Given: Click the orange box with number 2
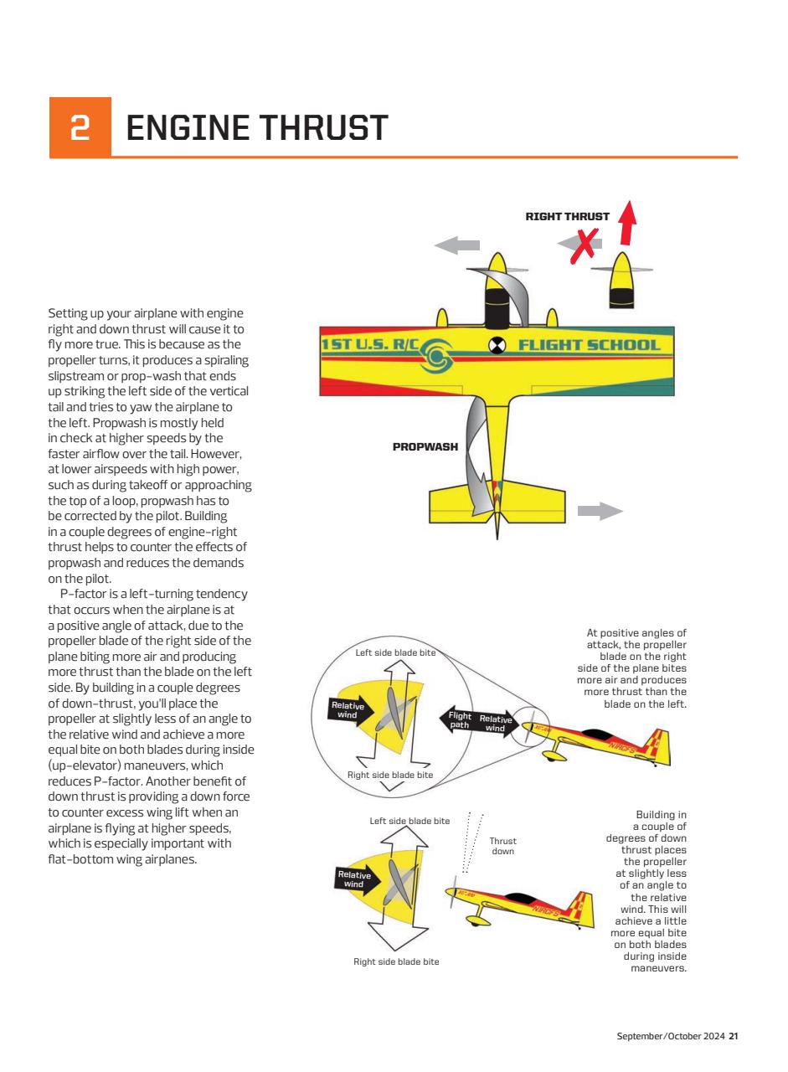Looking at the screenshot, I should coord(80,127).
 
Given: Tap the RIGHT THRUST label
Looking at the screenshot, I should coord(567,216).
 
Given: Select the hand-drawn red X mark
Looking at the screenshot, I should coord(583,245).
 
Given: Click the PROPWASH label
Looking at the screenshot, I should coord(425,446).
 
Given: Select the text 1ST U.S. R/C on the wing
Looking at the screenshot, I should coord(369,345).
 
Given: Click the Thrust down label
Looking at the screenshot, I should coord(502,846).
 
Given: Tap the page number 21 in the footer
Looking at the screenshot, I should coord(733,1036).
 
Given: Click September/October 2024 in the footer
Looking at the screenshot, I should coord(670,1036).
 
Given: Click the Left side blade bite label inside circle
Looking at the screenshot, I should coord(395,652).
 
